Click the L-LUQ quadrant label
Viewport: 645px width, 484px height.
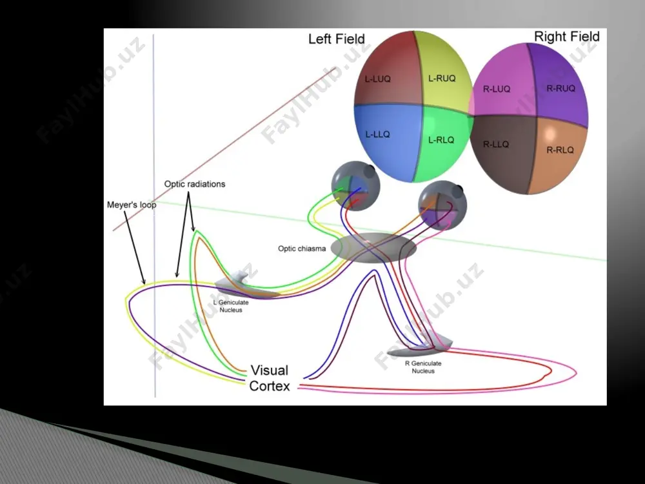click(377, 79)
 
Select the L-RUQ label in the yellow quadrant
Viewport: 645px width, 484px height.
click(442, 78)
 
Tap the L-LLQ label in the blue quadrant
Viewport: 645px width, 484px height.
click(377, 134)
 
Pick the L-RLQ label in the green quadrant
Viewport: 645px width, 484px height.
click(441, 140)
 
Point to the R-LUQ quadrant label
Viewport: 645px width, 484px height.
click(497, 89)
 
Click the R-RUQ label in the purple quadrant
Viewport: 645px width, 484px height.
click(561, 88)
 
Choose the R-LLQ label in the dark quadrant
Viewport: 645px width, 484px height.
click(495, 144)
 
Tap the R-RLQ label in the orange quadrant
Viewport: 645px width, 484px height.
click(560, 150)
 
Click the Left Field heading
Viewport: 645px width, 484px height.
click(337, 39)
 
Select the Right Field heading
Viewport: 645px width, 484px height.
click(566, 36)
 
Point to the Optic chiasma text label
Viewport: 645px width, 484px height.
click(301, 248)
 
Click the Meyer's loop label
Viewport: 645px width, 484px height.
click(132, 205)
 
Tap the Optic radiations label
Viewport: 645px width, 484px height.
click(195, 184)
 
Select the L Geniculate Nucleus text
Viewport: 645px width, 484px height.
click(231, 306)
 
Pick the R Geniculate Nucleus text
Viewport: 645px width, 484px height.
click(423, 367)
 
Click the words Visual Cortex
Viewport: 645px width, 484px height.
click(270, 378)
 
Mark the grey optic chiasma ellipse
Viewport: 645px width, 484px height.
click(373, 248)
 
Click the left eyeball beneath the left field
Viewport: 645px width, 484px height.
click(355, 186)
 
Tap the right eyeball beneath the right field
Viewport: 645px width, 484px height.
click(442, 206)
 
